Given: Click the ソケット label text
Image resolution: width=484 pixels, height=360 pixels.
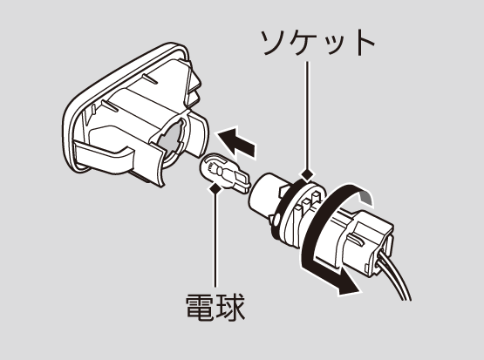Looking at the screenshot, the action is click(x=317, y=43).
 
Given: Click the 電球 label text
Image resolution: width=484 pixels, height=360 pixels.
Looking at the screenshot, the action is click(x=215, y=307).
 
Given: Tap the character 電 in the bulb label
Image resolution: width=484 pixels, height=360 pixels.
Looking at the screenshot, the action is click(x=200, y=307).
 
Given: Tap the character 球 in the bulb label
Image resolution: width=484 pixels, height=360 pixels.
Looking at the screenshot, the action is click(x=231, y=307).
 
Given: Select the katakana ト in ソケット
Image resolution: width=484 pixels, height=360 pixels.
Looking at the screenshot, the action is click(x=365, y=43).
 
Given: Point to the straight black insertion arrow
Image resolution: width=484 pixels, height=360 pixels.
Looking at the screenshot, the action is click(x=237, y=143).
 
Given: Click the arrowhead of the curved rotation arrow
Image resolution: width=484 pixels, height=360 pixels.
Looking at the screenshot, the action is click(x=348, y=286).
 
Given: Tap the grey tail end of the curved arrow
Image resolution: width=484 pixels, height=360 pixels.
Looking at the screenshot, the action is click(x=366, y=197).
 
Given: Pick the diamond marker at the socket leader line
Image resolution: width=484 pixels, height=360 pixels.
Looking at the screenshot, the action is click(x=306, y=174).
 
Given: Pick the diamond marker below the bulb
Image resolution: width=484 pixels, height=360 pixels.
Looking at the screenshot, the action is click(x=215, y=187).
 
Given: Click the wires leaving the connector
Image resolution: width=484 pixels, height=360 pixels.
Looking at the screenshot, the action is click(x=395, y=278).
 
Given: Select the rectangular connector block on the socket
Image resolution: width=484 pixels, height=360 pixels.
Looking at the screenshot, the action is click(x=371, y=239).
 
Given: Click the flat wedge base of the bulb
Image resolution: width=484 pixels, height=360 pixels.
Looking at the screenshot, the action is click(x=241, y=182).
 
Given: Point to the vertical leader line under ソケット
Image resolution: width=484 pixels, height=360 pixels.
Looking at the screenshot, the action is click(x=307, y=115).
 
